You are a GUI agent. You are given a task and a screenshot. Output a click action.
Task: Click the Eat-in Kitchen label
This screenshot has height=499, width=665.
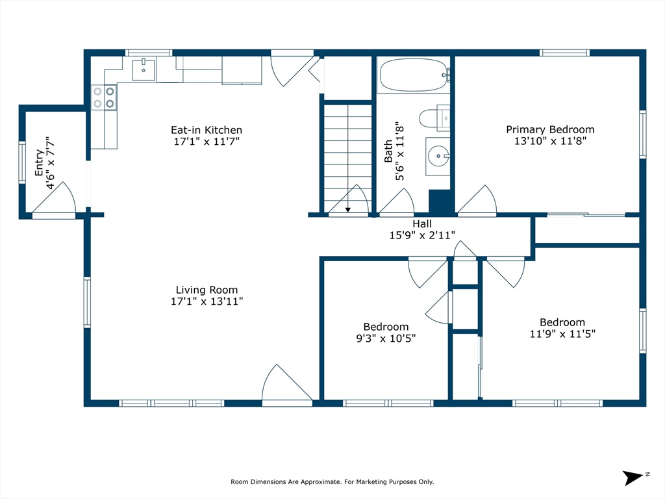coord(206,130)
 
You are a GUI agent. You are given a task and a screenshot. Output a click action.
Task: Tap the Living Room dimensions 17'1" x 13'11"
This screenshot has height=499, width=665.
coord(207,301)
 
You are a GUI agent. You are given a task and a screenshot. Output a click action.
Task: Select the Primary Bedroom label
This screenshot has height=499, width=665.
coord(550,129)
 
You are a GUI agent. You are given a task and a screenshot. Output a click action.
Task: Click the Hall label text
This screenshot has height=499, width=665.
coord(422,224)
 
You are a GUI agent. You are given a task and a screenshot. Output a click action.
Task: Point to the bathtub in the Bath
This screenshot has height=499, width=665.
coord(413,75)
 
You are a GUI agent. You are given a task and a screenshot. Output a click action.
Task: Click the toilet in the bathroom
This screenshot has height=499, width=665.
coord(432,118)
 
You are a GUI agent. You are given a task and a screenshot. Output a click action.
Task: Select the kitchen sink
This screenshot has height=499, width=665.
coord(144,69)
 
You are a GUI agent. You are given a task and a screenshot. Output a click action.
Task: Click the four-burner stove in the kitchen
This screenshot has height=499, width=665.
coord(104,97)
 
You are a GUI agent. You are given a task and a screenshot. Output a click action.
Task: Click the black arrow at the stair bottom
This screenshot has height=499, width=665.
coord(348,209)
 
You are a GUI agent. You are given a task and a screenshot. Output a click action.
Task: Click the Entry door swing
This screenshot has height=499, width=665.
coord(57,198)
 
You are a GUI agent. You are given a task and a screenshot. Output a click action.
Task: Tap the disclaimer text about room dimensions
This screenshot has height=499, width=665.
coord(332,481)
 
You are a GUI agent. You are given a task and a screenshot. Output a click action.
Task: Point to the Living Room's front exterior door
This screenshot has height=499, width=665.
coord(286,387)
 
